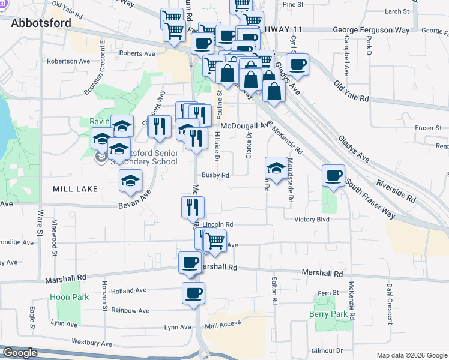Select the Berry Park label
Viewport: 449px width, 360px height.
click(x=328, y=314)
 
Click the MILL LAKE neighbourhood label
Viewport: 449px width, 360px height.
click(x=76, y=189)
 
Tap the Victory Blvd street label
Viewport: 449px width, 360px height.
click(x=312, y=220)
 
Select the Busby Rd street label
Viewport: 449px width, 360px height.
click(x=215, y=176)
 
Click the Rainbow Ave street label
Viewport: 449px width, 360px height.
click(x=130, y=310)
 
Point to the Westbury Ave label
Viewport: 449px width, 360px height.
click(x=92, y=344)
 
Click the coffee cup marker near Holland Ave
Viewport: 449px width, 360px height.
click(x=193, y=293)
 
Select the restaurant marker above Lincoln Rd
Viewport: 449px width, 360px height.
click(x=193, y=207)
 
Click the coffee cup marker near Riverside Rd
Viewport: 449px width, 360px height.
click(x=334, y=175)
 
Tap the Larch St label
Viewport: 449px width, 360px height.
click(x=397, y=11)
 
